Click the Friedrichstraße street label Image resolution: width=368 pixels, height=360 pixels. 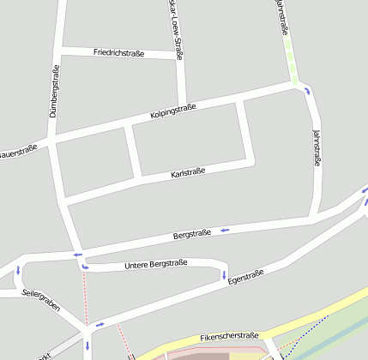coord(131,52)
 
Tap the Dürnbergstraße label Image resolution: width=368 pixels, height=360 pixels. coord(54,90)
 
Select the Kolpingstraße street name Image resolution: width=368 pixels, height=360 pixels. coord(173,111)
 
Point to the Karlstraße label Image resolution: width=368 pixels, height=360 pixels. coord(188,173)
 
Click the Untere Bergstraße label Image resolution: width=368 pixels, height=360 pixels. coord(155,264)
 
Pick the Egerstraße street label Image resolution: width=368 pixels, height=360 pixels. coord(245,278)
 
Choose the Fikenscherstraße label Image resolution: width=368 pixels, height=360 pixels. coord(229,336)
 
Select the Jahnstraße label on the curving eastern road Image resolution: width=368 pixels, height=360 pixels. coord(317,147)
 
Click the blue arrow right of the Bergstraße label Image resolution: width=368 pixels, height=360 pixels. coord(226,230)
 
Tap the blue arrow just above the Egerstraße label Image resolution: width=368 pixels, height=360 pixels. coord(224,275)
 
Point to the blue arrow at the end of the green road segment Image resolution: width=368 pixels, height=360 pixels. coord(306,91)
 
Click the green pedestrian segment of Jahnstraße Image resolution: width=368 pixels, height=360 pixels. coord(293,64)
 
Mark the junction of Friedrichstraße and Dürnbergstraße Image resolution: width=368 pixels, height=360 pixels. coord(61,48)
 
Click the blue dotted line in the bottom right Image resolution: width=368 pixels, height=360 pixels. coord(312,327)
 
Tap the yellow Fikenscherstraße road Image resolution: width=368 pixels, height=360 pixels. coord(283,327)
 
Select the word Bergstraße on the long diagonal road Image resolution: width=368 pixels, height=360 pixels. coord(192,233)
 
